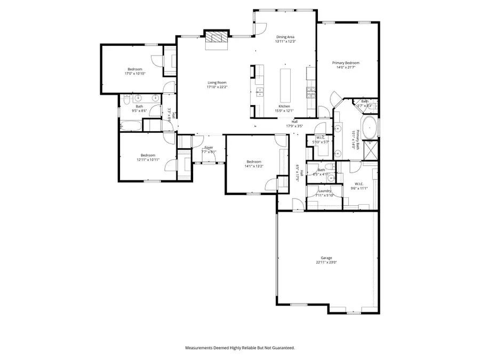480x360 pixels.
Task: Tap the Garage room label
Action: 326,258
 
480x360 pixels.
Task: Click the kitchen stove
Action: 309,93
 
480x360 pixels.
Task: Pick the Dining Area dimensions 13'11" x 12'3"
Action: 285,41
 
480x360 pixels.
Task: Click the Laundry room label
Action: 325,191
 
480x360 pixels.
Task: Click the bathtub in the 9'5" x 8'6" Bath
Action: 131,126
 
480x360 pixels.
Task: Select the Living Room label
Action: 217,83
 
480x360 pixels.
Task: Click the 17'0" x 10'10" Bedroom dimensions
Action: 134,73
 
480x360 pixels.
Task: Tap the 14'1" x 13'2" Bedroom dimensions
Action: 253,166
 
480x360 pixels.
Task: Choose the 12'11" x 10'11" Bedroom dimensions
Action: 147,159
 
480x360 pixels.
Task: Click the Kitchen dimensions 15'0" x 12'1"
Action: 284,110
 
